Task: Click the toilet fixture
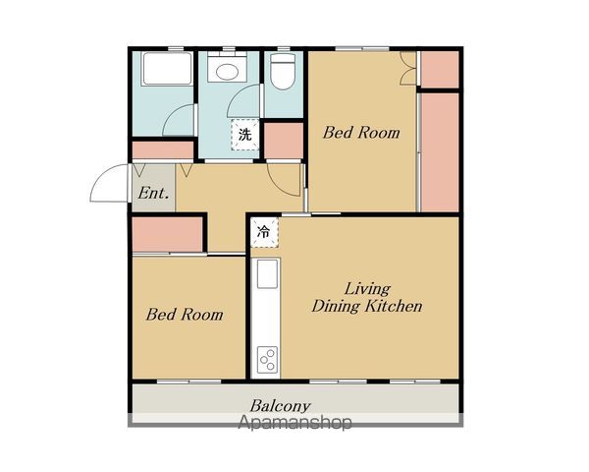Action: tap(284, 71)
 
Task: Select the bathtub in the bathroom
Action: tap(167, 69)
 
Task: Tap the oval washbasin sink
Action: tap(227, 72)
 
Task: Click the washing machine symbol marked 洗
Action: tap(244, 135)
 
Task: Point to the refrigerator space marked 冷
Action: tap(264, 232)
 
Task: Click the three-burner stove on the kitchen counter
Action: tap(267, 360)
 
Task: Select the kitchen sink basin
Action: tap(267, 274)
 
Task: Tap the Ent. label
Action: tap(153, 193)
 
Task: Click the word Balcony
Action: tap(280, 406)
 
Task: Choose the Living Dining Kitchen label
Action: tap(367, 298)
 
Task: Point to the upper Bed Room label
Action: tap(361, 133)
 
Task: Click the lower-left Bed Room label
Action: tap(185, 315)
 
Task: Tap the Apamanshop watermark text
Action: tap(295, 422)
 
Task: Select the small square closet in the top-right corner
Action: tap(440, 70)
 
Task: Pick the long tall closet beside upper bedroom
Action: tap(440, 152)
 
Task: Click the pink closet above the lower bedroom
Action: tap(168, 234)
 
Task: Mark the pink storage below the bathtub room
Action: tap(163, 150)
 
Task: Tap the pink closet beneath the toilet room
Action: tap(284, 141)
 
